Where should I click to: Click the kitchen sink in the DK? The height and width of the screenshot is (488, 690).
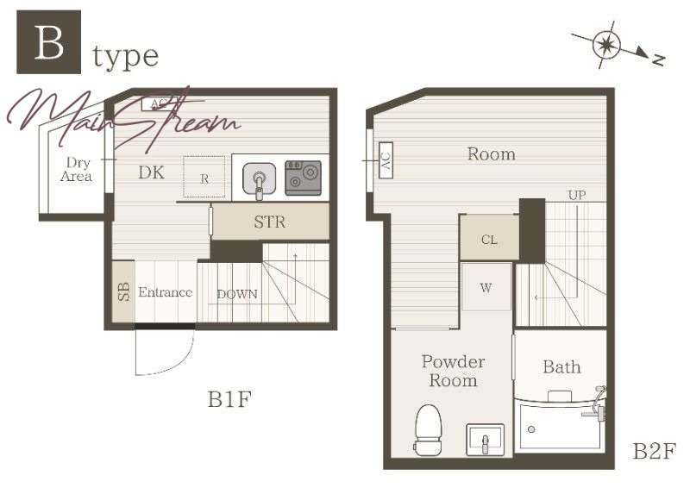[260, 180]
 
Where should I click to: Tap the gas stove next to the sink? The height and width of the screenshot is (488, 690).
[304, 178]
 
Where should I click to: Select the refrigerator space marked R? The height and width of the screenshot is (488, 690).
[204, 177]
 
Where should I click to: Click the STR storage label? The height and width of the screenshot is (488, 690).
[269, 222]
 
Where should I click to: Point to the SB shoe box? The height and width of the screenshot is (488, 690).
[123, 291]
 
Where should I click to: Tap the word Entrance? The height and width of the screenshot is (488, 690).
[165, 292]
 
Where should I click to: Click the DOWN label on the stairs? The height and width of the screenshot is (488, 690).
[237, 294]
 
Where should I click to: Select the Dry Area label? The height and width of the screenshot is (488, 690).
[76, 169]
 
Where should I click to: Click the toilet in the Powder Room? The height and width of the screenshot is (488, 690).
[428, 430]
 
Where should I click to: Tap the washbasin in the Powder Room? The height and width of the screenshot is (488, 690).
[486, 440]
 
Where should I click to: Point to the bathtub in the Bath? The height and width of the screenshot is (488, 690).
[560, 426]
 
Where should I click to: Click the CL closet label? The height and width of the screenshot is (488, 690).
[489, 240]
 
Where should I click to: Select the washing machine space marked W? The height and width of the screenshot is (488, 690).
[486, 287]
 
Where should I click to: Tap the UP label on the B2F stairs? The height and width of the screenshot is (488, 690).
[577, 195]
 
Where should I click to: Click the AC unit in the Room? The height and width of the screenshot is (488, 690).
[386, 160]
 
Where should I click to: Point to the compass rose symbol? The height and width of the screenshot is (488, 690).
[606, 45]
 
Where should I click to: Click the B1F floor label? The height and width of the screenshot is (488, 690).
[229, 399]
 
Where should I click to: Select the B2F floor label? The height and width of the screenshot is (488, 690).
[654, 451]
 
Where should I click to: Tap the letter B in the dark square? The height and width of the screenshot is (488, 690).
[49, 42]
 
